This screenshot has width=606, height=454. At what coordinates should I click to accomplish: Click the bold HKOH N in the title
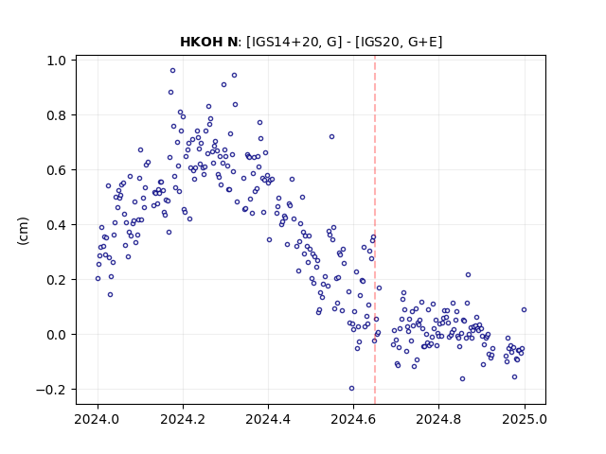[208, 42]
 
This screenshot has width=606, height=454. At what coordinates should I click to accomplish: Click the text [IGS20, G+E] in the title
[399, 42]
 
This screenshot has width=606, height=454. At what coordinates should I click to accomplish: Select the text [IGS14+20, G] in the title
[294, 42]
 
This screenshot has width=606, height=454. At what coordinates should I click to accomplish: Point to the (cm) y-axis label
[23, 231]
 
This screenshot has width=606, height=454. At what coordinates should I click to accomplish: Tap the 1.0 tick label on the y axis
[56, 61]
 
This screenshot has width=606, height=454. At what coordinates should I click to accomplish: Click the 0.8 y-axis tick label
[56, 115]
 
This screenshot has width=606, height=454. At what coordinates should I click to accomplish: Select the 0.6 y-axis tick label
[56, 170]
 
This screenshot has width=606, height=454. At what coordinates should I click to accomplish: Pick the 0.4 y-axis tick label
[56, 225]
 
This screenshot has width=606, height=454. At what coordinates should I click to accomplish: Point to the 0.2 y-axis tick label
[56, 280]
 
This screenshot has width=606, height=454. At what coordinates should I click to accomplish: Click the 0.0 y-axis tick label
[56, 335]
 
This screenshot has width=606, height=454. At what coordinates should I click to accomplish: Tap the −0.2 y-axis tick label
[51, 390]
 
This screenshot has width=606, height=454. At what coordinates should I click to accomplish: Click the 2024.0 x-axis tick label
[98, 419]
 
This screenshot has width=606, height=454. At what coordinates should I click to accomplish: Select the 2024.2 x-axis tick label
[183, 419]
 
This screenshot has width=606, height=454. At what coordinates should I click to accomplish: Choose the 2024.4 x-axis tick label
[268, 419]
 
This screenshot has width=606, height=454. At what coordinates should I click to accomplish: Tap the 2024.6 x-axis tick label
[353, 419]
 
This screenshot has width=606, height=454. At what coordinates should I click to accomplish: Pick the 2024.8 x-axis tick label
[438, 419]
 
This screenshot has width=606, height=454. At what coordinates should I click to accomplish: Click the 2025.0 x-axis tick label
[525, 419]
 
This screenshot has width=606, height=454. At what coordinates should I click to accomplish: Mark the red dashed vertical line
[375, 230]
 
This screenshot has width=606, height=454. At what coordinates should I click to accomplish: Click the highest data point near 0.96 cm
[172, 70]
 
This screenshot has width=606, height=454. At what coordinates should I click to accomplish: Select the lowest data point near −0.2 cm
[351, 389]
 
